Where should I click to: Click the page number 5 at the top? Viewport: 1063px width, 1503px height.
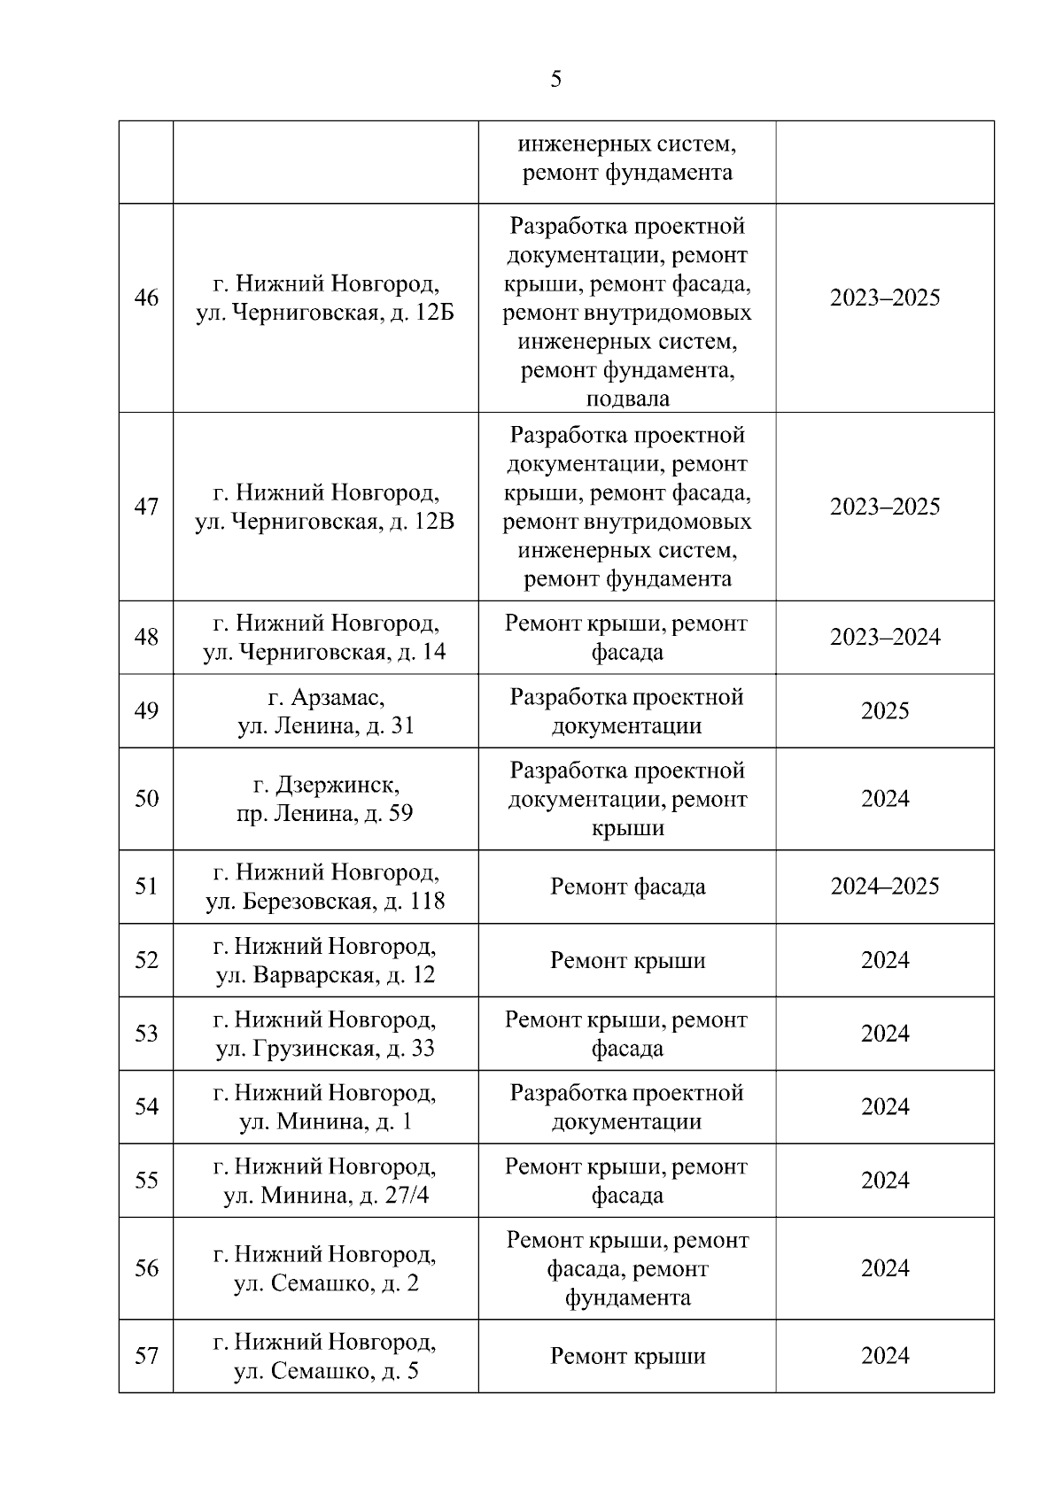[555, 80]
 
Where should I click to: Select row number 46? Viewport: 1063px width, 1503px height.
[146, 298]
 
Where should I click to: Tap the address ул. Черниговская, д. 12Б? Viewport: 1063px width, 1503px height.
[324, 313]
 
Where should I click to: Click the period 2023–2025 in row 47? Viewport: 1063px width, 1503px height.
[884, 507]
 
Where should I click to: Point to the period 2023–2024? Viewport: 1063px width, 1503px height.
[884, 637]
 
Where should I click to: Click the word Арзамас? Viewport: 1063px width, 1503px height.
[338, 697]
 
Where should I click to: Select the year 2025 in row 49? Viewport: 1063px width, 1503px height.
[884, 711]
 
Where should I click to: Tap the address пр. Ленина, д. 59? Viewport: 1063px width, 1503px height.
[324, 813]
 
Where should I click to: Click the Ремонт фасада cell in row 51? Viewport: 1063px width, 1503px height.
[627, 887]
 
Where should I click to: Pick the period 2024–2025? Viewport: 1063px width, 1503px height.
[884, 887]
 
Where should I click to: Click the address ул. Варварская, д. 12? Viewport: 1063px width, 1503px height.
[325, 975]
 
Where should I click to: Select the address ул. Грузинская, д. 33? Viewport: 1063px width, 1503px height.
[325, 1049]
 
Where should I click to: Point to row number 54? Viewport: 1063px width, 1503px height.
[146, 1107]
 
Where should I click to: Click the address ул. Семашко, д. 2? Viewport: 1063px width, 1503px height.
[325, 1282]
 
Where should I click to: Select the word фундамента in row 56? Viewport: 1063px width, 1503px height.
[627, 1298]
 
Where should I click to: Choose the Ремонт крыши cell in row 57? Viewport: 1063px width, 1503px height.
[627, 1356]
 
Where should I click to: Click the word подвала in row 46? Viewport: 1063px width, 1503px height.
[627, 399]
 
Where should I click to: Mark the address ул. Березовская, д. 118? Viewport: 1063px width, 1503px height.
[325, 902]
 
